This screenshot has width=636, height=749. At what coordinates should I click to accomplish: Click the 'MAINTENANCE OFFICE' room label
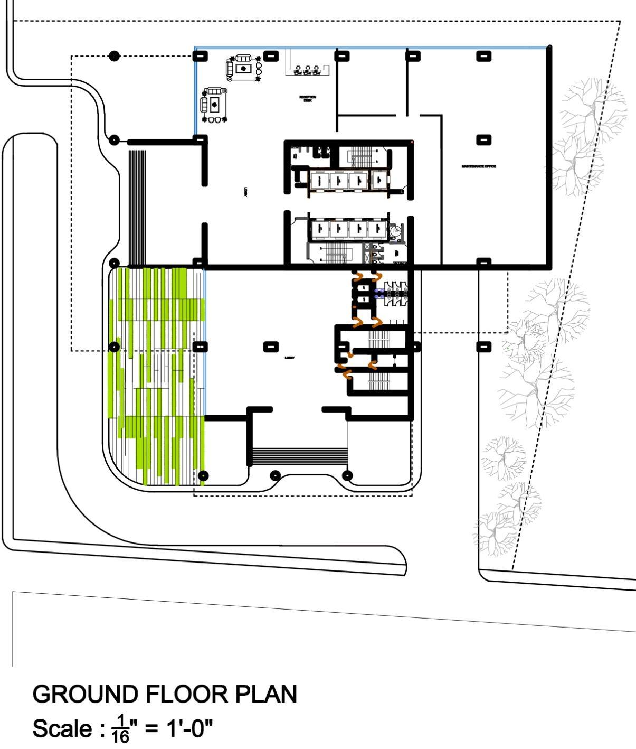point(479,166)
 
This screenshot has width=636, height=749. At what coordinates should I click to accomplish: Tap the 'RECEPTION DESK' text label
point(308,98)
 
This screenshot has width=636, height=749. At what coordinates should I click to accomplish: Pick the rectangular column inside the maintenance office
point(483,140)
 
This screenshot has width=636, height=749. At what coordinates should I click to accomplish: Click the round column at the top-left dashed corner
point(114,56)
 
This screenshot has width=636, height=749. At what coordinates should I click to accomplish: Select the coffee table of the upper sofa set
point(243,68)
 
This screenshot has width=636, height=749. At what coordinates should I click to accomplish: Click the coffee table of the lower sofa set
point(215,104)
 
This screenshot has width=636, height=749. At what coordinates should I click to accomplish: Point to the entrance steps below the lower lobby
point(300,455)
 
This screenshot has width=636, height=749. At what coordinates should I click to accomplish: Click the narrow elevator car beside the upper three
point(379,180)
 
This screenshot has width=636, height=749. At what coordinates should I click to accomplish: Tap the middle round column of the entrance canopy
point(274,476)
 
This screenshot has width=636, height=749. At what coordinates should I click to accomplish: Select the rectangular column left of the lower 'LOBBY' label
point(271,347)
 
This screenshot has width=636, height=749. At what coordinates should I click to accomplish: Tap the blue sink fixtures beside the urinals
point(378,293)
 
